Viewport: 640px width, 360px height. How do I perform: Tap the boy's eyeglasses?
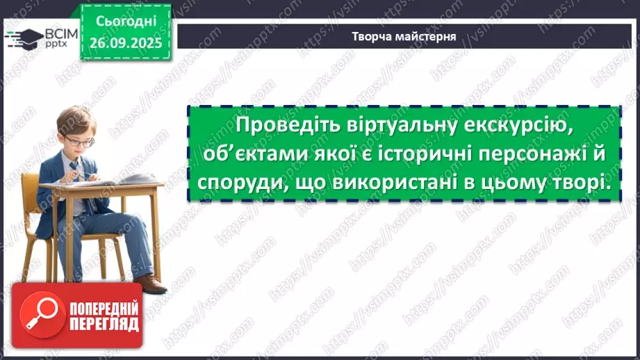81,142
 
